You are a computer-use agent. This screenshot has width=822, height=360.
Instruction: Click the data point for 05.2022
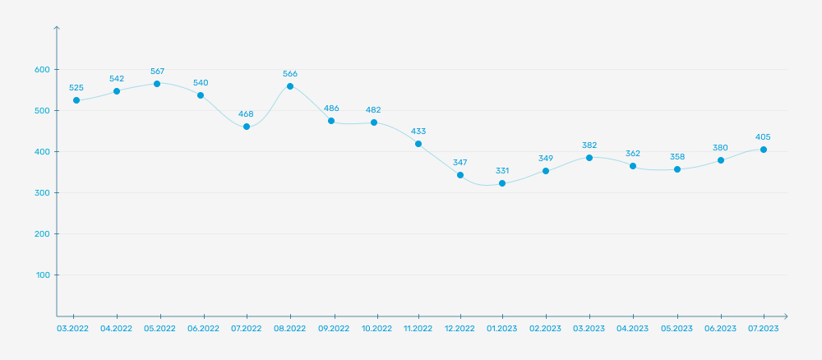pos(157,84)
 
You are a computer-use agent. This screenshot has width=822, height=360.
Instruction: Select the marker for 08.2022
pos(290,86)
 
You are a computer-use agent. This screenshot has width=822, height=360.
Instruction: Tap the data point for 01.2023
pos(502,183)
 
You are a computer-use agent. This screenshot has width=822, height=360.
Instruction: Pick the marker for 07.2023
pos(764,150)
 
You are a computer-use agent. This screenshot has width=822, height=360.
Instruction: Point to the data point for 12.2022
pos(460,175)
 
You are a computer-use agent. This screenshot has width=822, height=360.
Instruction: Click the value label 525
pos(76,87)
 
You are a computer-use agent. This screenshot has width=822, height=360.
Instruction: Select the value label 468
pos(246,113)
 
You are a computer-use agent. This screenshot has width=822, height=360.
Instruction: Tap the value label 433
pos(418,131)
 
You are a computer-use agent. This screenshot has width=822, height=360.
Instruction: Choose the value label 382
pos(589,145)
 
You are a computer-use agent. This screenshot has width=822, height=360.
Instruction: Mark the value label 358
pos(677,156)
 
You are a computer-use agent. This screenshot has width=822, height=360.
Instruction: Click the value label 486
pos(331,108)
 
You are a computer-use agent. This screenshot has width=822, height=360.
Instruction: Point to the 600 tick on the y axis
pos(42,70)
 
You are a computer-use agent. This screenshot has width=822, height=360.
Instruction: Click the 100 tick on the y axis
pos(43,275)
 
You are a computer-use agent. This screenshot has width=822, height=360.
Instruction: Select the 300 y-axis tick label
pos(42,193)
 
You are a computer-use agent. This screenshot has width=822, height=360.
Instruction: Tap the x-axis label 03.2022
pos(73,328)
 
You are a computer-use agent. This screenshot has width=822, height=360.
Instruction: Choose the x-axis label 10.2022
pos(376,328)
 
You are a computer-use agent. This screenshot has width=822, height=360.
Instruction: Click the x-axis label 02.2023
pos(545,328)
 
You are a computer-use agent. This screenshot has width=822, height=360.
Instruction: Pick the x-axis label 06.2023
pos(721,328)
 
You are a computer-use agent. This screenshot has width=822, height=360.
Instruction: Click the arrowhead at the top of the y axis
pos(56,29)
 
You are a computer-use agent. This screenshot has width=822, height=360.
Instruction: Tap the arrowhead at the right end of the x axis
pos(785,316)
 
